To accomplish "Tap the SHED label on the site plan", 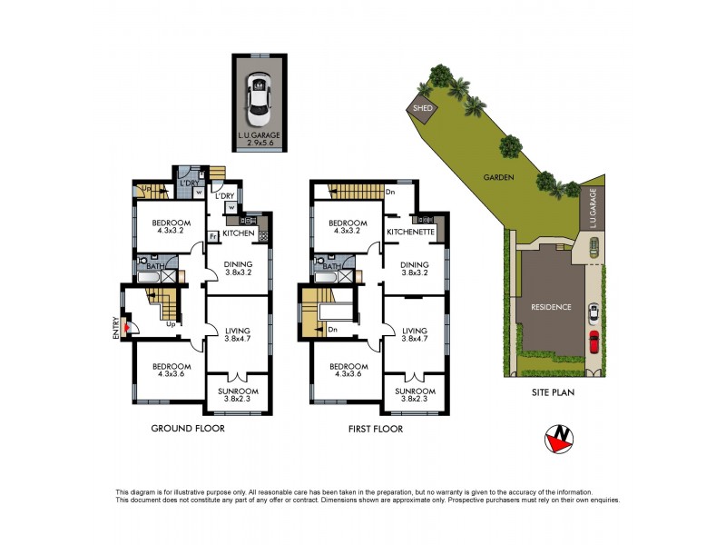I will (x=422, y=108).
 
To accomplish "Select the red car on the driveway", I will (x=594, y=342).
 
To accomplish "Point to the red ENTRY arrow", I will (x=128, y=330).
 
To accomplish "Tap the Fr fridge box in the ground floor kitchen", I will (x=212, y=235).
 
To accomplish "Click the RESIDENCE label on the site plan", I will (x=552, y=307).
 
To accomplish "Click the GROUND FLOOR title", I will (x=188, y=429).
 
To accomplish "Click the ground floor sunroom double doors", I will (x=237, y=375).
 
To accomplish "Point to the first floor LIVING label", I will (x=415, y=331).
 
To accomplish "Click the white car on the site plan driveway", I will (x=594, y=313).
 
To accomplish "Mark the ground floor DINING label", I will (x=238, y=263).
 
